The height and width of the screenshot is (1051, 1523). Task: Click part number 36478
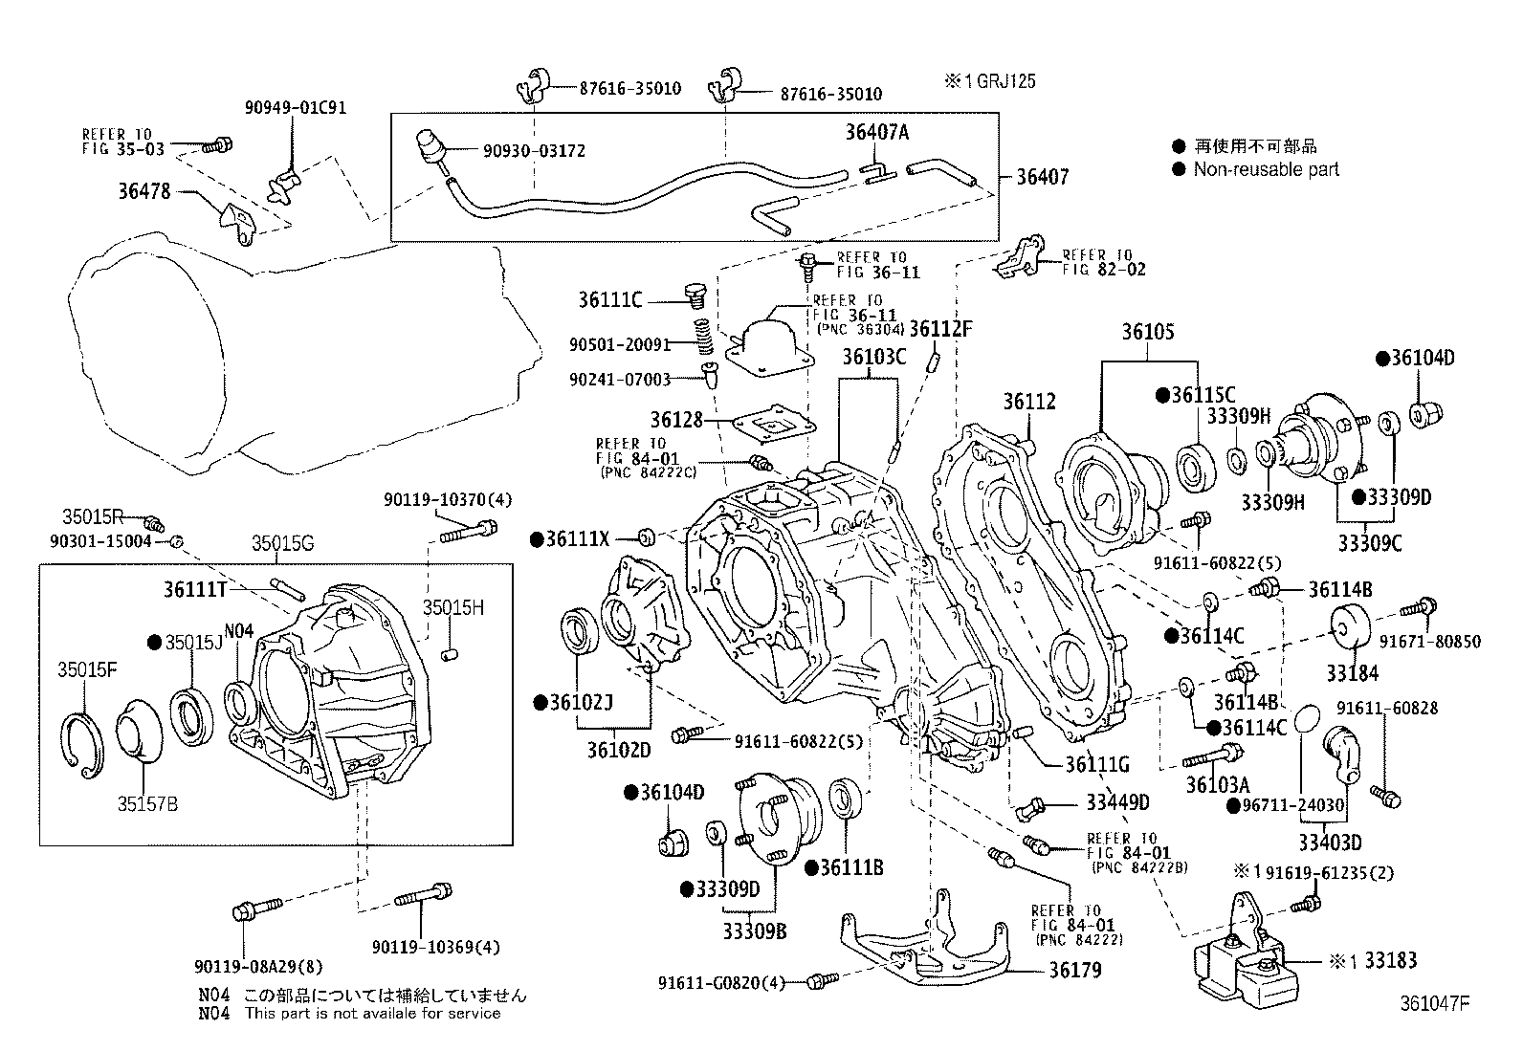coord(143,191)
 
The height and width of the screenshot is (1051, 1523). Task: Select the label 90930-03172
coord(534,151)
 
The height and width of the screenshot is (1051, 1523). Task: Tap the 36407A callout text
coord(876,133)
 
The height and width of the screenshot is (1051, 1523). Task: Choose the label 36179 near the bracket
coord(1074,971)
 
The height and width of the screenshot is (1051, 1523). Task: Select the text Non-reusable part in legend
coord(1266,169)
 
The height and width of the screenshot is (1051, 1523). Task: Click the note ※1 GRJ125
coord(990,81)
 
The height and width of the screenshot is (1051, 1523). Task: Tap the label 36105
coord(1148,333)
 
